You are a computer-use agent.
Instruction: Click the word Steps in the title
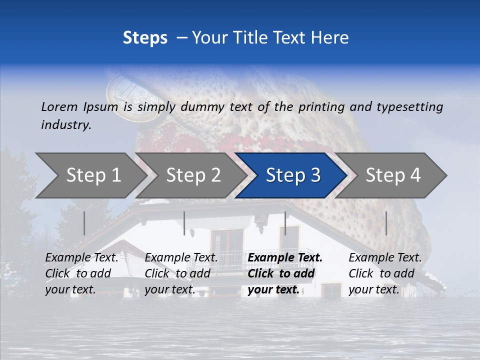click(x=145, y=38)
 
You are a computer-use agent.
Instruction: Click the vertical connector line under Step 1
click(x=84, y=223)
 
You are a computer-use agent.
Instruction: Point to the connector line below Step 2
click(x=184, y=223)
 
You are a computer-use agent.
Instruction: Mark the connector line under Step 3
click(x=285, y=223)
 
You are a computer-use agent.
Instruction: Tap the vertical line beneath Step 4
click(x=386, y=223)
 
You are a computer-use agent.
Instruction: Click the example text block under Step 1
click(x=81, y=273)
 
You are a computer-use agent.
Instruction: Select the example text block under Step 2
click(x=181, y=273)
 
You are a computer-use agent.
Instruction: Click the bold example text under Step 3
click(x=285, y=273)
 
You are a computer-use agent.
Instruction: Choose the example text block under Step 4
click(x=385, y=273)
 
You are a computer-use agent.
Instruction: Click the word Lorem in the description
click(x=58, y=106)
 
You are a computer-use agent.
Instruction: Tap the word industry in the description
click(x=66, y=125)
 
